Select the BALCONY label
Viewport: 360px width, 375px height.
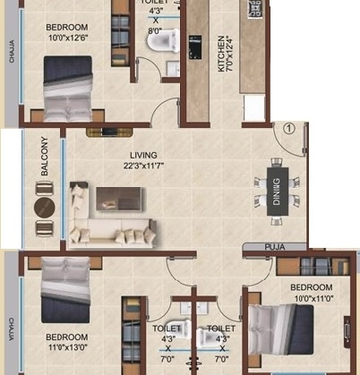point(43,156)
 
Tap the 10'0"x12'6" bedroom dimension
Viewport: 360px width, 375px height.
point(67,38)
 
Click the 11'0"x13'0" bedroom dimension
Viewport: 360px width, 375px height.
point(68,320)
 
